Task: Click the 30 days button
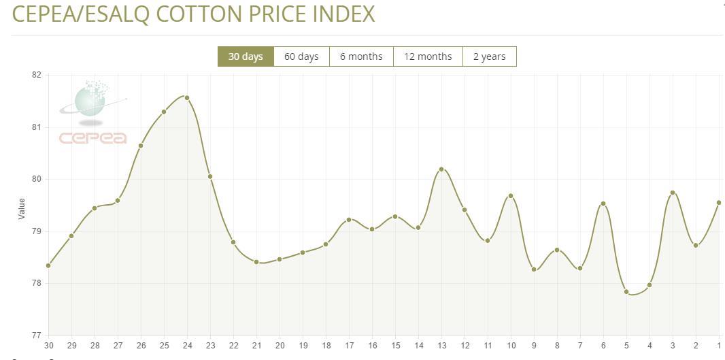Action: pos(246,56)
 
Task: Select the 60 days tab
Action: pos(301,56)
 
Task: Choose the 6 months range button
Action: pos(361,56)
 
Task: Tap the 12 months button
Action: pos(428,56)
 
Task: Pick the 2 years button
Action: pos(490,56)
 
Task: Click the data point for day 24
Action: pos(187,98)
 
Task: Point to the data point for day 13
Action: pos(441,169)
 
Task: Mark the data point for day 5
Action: pos(626,292)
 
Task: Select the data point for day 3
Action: pos(673,193)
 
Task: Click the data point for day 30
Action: pos(48,265)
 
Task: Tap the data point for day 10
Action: pos(511,196)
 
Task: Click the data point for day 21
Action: pos(256,261)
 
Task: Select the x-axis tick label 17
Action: pos(349,346)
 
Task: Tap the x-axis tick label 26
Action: pos(141,346)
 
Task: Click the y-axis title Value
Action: pos(21,208)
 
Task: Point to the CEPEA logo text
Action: pos(92,138)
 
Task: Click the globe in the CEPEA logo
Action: pos(90,99)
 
